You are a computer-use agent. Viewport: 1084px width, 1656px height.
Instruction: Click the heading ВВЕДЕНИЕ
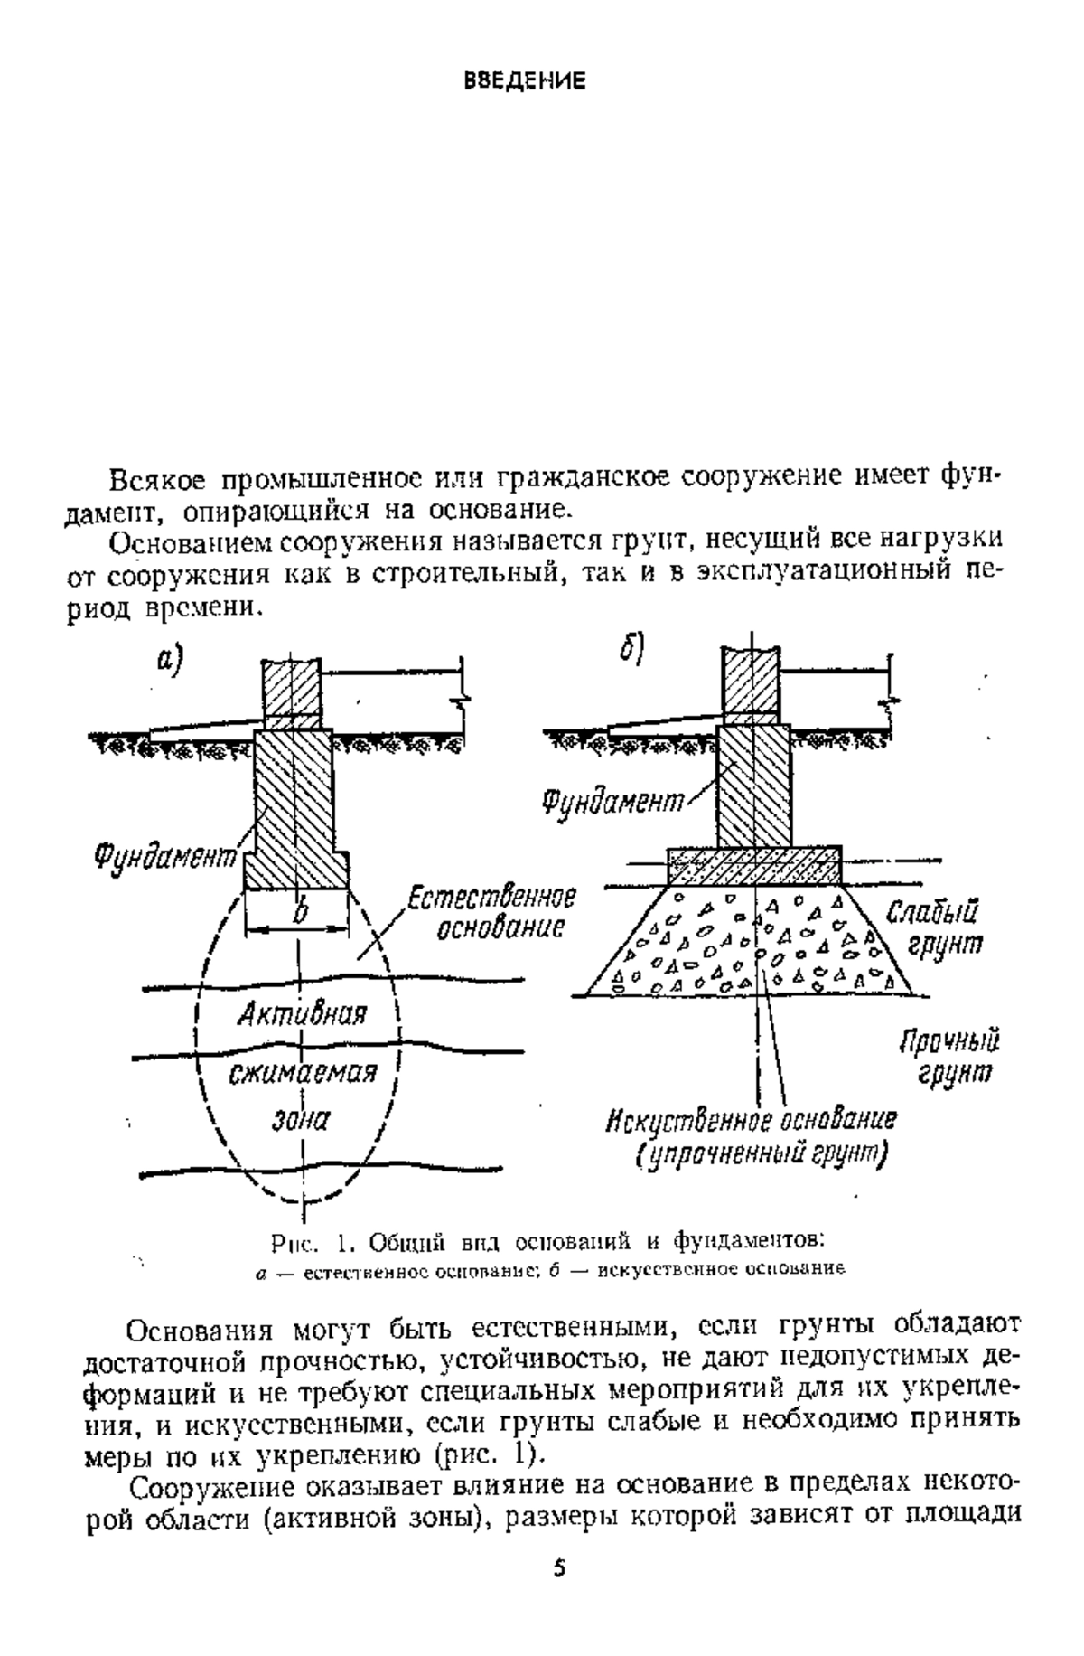pyautogui.click(x=525, y=81)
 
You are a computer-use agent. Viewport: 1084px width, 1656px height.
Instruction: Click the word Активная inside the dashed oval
pyautogui.click(x=302, y=1014)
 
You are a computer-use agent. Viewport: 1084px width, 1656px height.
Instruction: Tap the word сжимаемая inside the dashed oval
pyautogui.click(x=301, y=1075)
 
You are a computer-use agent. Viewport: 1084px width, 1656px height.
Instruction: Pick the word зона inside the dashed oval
pyautogui.click(x=301, y=1121)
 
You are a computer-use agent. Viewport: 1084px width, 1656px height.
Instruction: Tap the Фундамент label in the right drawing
pyautogui.click(x=612, y=802)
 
